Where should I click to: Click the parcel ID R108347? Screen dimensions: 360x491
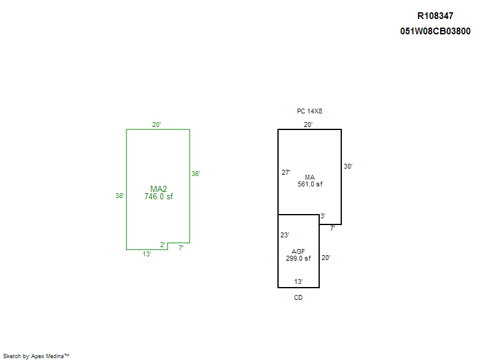click(435, 17)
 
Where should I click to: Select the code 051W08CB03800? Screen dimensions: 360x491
click(435, 31)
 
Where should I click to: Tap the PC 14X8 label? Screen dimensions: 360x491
click(309, 112)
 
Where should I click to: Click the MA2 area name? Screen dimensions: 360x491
click(158, 189)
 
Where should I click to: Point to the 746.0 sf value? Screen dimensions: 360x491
click(158, 197)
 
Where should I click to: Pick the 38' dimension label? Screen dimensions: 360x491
click(120, 196)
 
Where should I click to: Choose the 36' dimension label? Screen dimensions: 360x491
click(196, 174)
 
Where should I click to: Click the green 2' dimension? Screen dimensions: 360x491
click(163, 245)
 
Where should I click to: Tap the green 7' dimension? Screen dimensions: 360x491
click(181, 248)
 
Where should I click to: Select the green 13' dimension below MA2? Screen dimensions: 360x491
click(147, 254)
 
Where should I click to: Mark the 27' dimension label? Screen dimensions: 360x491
click(286, 172)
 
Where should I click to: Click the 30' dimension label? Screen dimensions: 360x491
click(348, 166)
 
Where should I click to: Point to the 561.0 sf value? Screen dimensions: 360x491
click(310, 184)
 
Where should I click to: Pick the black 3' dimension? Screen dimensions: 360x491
click(323, 216)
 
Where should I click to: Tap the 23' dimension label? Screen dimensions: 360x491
click(285, 235)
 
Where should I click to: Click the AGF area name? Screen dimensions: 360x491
click(298, 251)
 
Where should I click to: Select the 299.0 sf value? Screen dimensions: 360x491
click(298, 259)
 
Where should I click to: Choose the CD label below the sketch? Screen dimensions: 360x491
click(298, 297)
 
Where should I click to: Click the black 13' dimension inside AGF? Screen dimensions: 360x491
click(298, 281)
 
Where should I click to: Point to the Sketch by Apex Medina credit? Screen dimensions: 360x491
click(36, 356)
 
